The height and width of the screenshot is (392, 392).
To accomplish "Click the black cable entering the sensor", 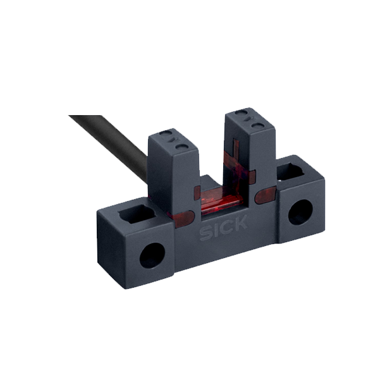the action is pos(110,145).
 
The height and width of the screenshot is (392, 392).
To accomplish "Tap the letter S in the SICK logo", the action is pos(205,234).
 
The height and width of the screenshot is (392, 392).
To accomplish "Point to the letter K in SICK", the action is pos(240,223).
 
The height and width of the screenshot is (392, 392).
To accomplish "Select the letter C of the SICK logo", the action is pos(225,228).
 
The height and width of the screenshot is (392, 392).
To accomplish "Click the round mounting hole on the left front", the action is pos(152,255).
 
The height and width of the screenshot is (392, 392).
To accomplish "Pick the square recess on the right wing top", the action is pos(291,171).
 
